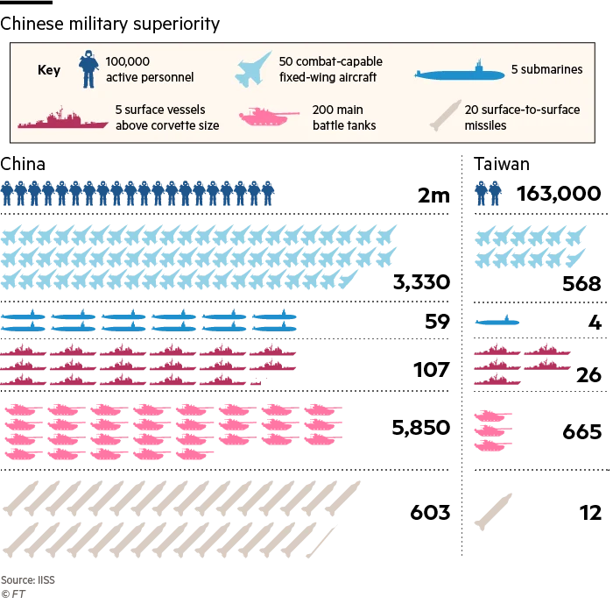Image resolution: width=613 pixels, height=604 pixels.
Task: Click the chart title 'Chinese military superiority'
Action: (x=109, y=25)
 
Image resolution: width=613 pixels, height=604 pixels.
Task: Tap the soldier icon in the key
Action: (x=88, y=69)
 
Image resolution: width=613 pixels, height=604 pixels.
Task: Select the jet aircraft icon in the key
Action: (x=253, y=69)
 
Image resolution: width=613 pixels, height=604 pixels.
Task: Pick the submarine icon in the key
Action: (x=460, y=72)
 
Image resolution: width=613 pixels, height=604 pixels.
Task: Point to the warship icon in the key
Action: (x=62, y=118)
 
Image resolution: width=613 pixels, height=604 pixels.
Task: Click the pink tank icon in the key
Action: (x=269, y=116)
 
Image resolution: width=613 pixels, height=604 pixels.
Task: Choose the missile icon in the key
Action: (x=445, y=116)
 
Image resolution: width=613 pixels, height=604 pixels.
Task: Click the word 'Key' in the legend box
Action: (x=49, y=70)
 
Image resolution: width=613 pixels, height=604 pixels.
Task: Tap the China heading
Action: (x=23, y=164)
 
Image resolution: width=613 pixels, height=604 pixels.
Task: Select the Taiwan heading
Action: (x=502, y=164)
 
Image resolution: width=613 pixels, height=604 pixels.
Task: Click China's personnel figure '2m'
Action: (x=433, y=195)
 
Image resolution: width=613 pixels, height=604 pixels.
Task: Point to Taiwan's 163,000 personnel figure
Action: (x=559, y=194)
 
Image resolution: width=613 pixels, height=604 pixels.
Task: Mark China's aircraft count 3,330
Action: (x=421, y=282)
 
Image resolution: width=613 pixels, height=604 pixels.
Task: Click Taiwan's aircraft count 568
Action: (x=581, y=283)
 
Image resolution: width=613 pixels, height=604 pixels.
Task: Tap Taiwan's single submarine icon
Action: (x=497, y=321)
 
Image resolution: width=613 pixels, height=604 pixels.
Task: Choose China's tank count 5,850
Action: (x=421, y=428)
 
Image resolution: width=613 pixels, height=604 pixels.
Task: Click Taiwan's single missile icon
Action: (x=493, y=512)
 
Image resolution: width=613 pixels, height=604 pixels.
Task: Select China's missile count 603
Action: (x=430, y=512)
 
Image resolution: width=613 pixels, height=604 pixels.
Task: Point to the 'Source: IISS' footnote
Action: (x=28, y=579)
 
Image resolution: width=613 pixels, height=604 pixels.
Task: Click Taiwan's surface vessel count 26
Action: (x=588, y=375)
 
